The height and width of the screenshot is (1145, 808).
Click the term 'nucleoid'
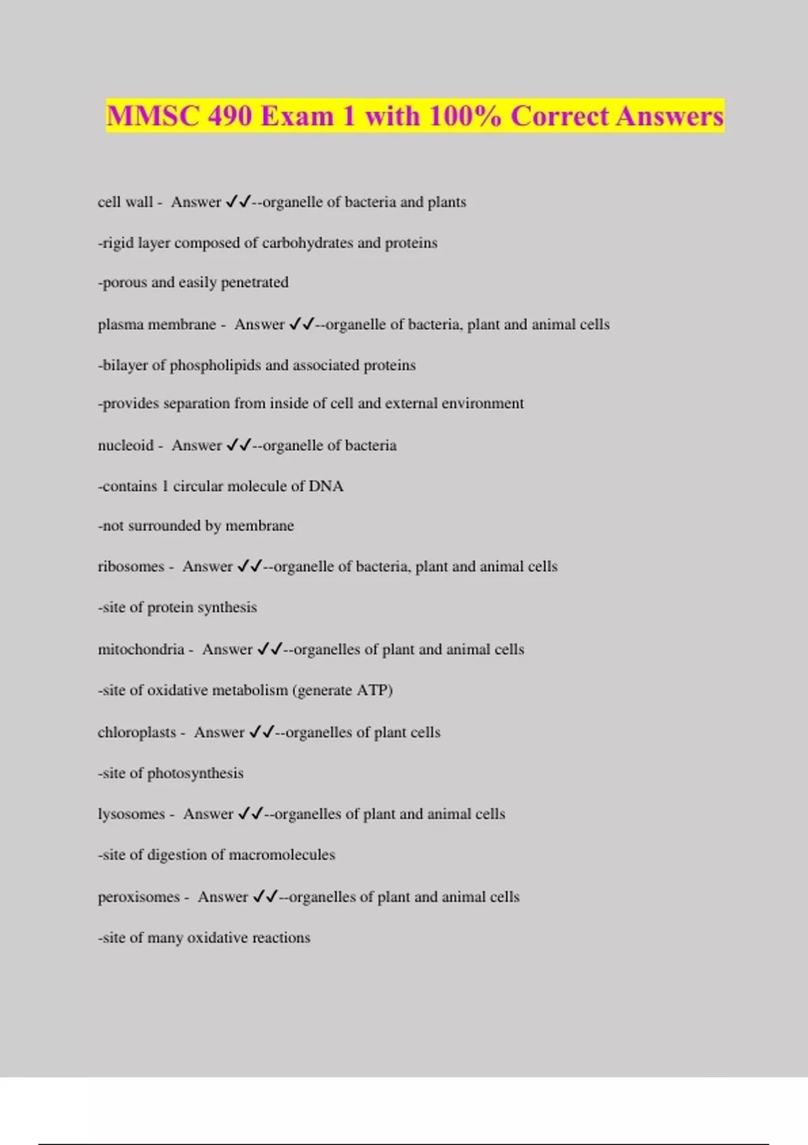125,445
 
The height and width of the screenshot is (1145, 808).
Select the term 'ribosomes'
131,566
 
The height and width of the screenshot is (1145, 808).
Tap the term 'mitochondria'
141,649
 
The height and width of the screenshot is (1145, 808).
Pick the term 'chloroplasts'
137,732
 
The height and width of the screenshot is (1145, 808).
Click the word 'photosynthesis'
195,773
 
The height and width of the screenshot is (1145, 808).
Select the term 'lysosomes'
131,814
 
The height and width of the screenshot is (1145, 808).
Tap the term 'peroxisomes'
139,897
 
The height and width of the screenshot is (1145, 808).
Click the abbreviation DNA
326,486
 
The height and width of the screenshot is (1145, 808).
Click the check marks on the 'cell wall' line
238,201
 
